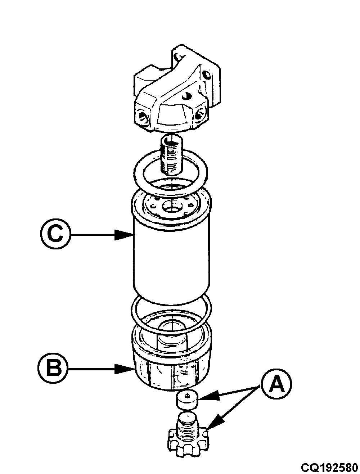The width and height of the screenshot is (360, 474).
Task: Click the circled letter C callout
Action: point(55,234)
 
